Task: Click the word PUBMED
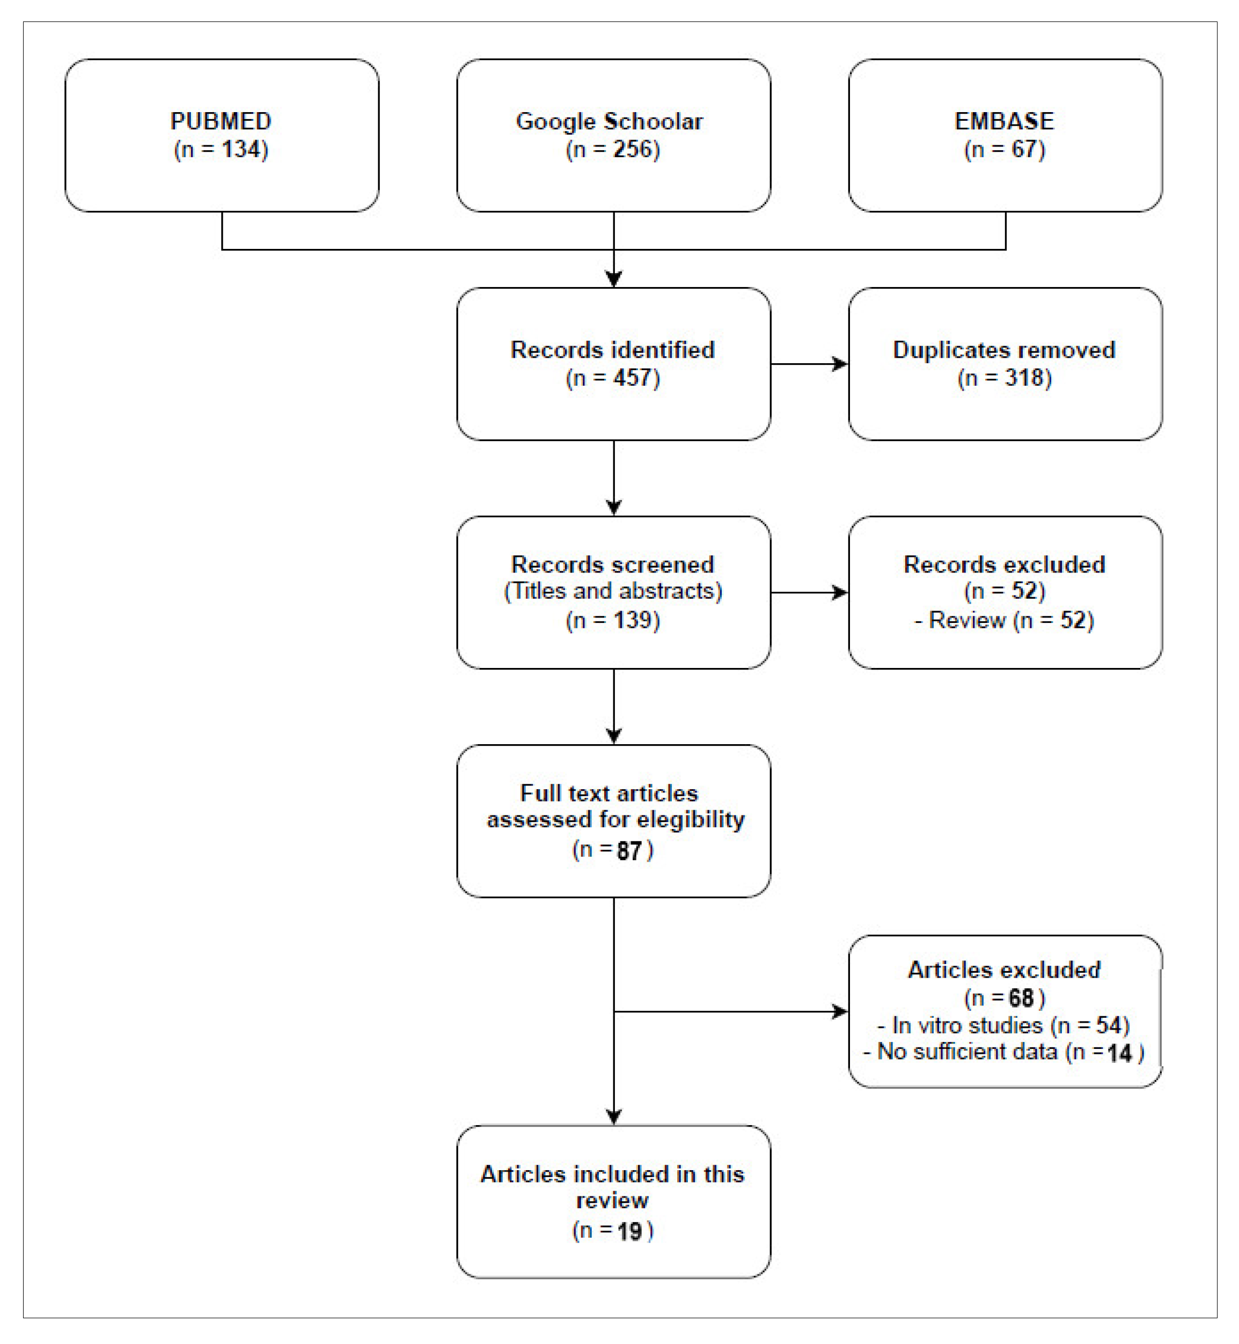tap(221, 121)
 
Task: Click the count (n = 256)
tap(613, 150)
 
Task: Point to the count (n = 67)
tap(1005, 150)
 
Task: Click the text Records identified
tap(612, 350)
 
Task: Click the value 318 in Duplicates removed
tap(1024, 378)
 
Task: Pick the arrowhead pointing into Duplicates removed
tap(841, 364)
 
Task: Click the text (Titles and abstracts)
tap(613, 591)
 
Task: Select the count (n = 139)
tap(613, 620)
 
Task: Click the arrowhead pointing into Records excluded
tap(841, 592)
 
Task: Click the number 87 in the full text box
tap(629, 850)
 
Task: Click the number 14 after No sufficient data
tap(1119, 1053)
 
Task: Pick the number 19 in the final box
tap(629, 1231)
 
